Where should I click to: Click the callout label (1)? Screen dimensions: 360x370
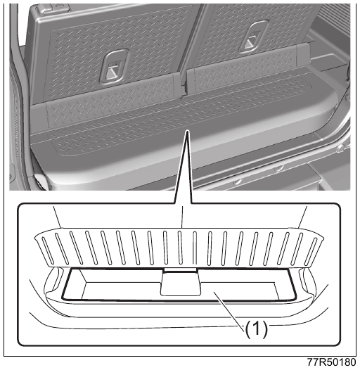point(256,329)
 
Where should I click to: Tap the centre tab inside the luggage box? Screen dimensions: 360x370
point(181,282)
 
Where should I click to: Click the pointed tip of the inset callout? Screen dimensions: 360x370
point(187,130)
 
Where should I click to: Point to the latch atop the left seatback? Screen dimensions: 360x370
point(53,8)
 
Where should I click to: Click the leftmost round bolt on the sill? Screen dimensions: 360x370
point(237,181)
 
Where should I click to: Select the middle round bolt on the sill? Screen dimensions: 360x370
point(279,168)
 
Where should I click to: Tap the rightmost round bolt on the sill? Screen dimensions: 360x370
point(340,148)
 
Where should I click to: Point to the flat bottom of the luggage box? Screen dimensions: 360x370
point(179,291)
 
